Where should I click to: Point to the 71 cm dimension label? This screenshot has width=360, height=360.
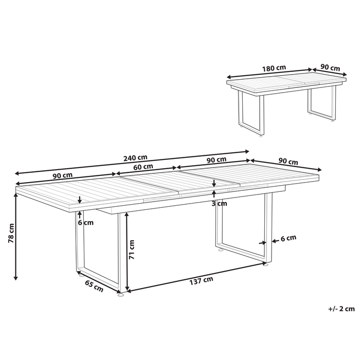click(132, 249)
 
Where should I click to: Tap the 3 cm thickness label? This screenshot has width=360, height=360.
click(220, 203)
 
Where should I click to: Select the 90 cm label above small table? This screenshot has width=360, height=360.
click(330, 67)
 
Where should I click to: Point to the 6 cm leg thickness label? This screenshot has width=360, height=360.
click(289, 238)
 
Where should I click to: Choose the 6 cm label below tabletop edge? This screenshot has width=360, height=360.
click(86, 223)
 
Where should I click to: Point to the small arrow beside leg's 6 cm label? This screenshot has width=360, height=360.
click(263, 241)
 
